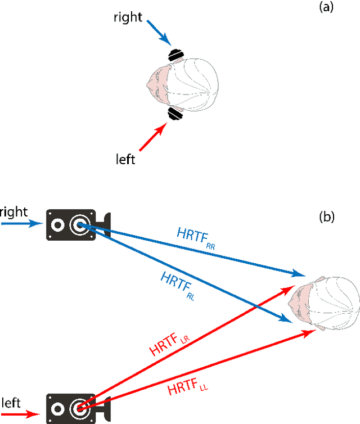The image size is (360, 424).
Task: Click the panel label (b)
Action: [326, 217]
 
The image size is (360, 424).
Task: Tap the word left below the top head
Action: [124, 160]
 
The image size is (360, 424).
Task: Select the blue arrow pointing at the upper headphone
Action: [159, 33]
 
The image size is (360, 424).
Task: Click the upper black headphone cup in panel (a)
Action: [175, 55]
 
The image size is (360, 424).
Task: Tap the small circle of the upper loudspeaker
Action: [57, 226]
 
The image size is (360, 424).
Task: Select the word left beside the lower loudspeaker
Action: [12, 403]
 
